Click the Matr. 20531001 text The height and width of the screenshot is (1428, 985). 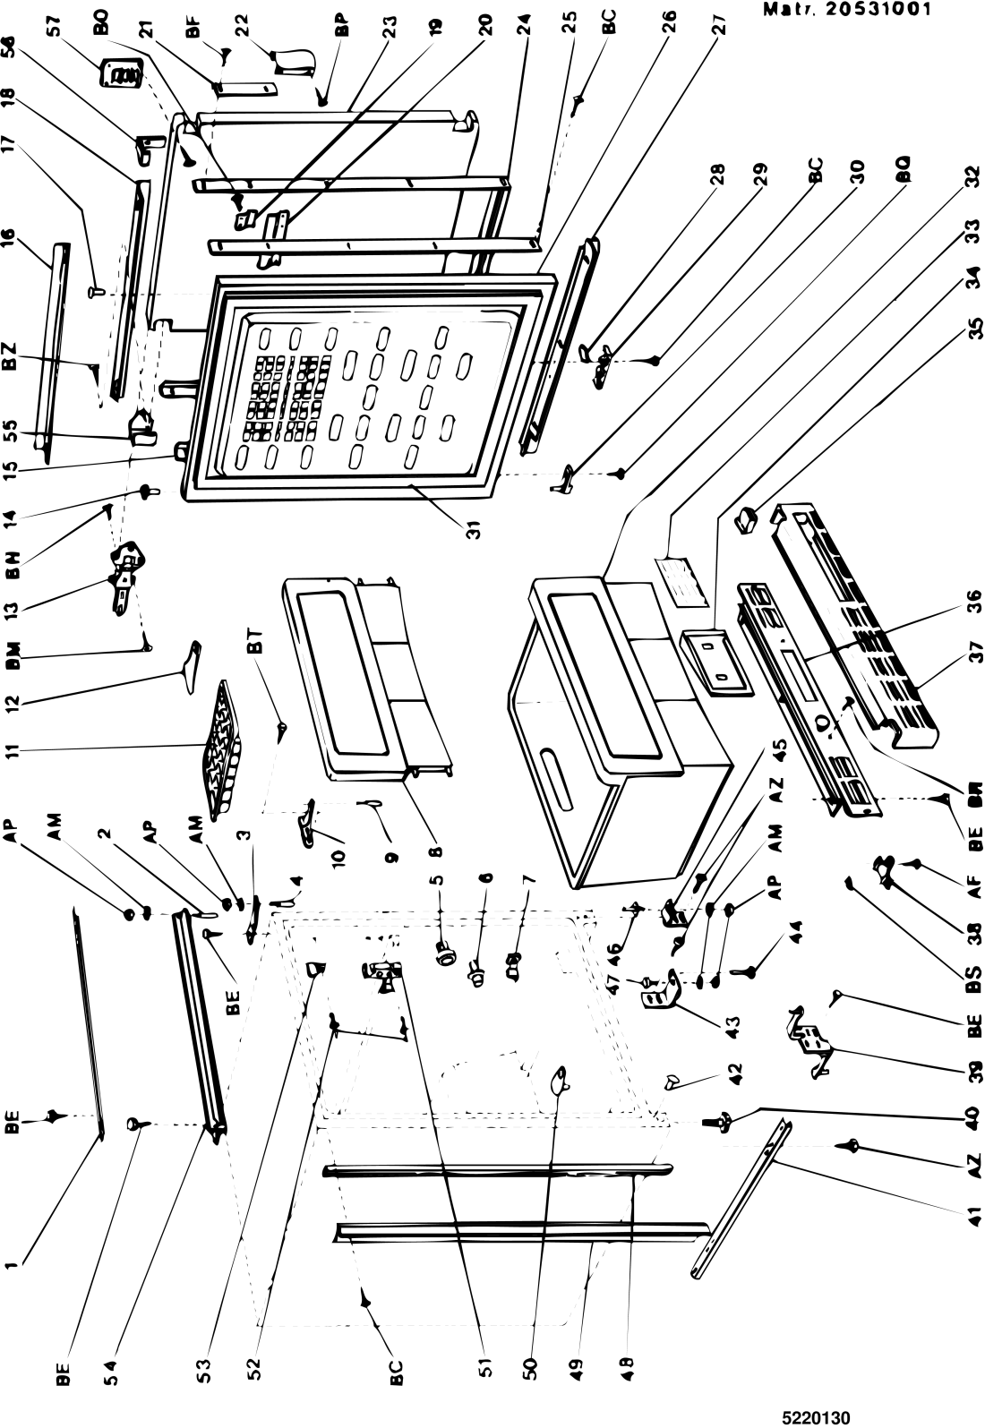(x=846, y=11)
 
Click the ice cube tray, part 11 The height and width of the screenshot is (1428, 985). (x=219, y=749)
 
